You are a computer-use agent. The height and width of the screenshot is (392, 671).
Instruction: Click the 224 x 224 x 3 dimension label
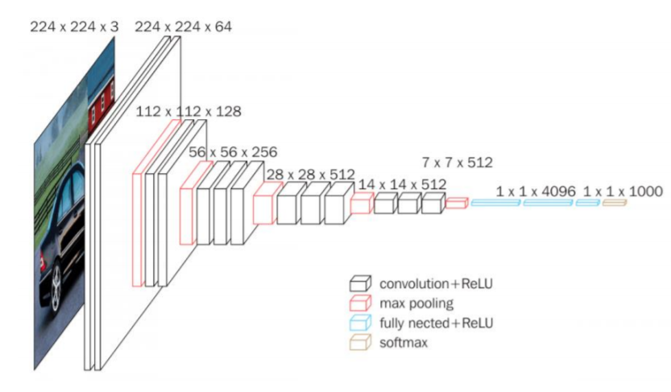click(74, 27)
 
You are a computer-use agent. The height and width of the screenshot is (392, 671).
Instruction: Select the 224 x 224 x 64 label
click(183, 27)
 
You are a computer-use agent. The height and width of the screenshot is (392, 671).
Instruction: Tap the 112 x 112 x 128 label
click(188, 112)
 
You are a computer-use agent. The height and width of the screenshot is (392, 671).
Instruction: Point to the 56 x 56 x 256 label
click(233, 152)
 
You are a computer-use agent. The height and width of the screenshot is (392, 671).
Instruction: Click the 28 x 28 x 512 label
click(311, 175)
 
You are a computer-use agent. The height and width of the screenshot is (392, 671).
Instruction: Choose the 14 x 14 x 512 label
click(402, 184)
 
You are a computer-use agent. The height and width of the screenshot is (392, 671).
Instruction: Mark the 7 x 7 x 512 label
click(458, 163)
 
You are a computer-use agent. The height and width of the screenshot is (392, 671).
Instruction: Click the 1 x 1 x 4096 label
click(536, 192)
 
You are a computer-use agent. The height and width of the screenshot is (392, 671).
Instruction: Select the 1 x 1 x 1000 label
click(623, 192)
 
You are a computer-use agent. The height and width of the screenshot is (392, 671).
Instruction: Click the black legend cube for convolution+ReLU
click(360, 284)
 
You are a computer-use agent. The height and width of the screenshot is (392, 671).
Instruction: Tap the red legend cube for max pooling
click(360, 303)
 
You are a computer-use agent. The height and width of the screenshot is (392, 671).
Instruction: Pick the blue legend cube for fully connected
click(360, 323)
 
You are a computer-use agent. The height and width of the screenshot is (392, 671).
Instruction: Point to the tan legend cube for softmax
click(360, 343)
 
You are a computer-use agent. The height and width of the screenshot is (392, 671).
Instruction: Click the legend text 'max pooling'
click(416, 304)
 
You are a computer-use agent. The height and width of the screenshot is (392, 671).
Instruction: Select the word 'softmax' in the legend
click(404, 343)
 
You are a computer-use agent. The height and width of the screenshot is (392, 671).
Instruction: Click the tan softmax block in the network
click(615, 203)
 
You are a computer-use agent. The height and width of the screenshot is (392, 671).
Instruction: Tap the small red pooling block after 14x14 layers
click(457, 203)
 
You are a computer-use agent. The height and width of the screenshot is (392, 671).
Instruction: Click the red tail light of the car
click(43, 261)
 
